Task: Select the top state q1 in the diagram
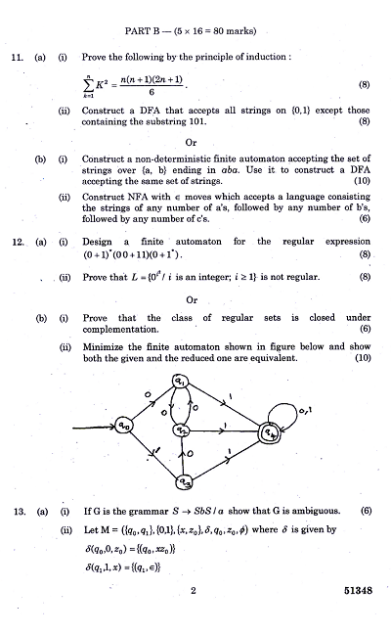(181, 382)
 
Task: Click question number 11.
(17, 58)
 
